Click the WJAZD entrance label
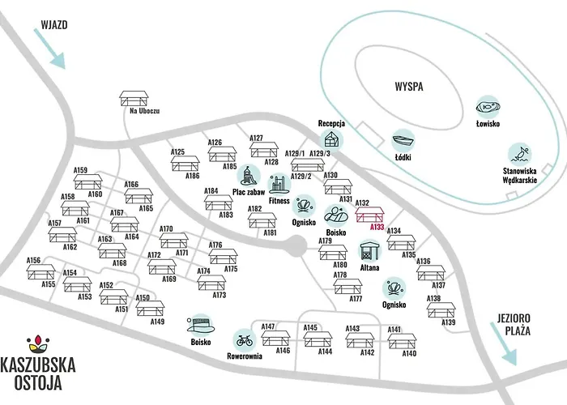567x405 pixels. (53, 23)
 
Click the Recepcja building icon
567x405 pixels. (332, 138)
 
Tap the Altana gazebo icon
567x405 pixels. (369, 251)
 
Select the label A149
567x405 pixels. (157, 322)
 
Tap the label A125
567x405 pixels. (178, 152)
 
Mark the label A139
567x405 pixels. (449, 323)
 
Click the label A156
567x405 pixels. (33, 261)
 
